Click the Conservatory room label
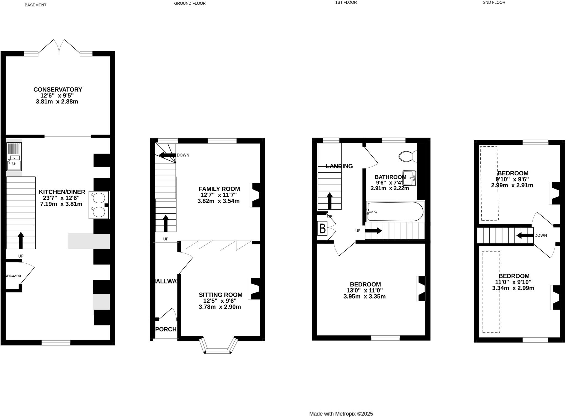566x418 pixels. click(x=57, y=90)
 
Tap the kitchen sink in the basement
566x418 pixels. click(x=14, y=161)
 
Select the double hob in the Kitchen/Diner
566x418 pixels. click(x=99, y=205)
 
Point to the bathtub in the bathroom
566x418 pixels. click(x=395, y=212)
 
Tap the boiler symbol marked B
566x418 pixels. click(x=322, y=229)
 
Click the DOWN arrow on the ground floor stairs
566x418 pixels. click(x=167, y=155)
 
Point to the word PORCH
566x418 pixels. click(x=166, y=329)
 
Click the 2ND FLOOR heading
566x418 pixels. click(x=494, y=2)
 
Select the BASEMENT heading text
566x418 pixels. click(x=35, y=5)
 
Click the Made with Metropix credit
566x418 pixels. click(x=341, y=414)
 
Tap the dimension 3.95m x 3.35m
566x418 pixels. click(x=365, y=297)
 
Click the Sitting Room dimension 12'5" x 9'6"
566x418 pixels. click(x=220, y=301)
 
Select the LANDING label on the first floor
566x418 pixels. click(x=339, y=166)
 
